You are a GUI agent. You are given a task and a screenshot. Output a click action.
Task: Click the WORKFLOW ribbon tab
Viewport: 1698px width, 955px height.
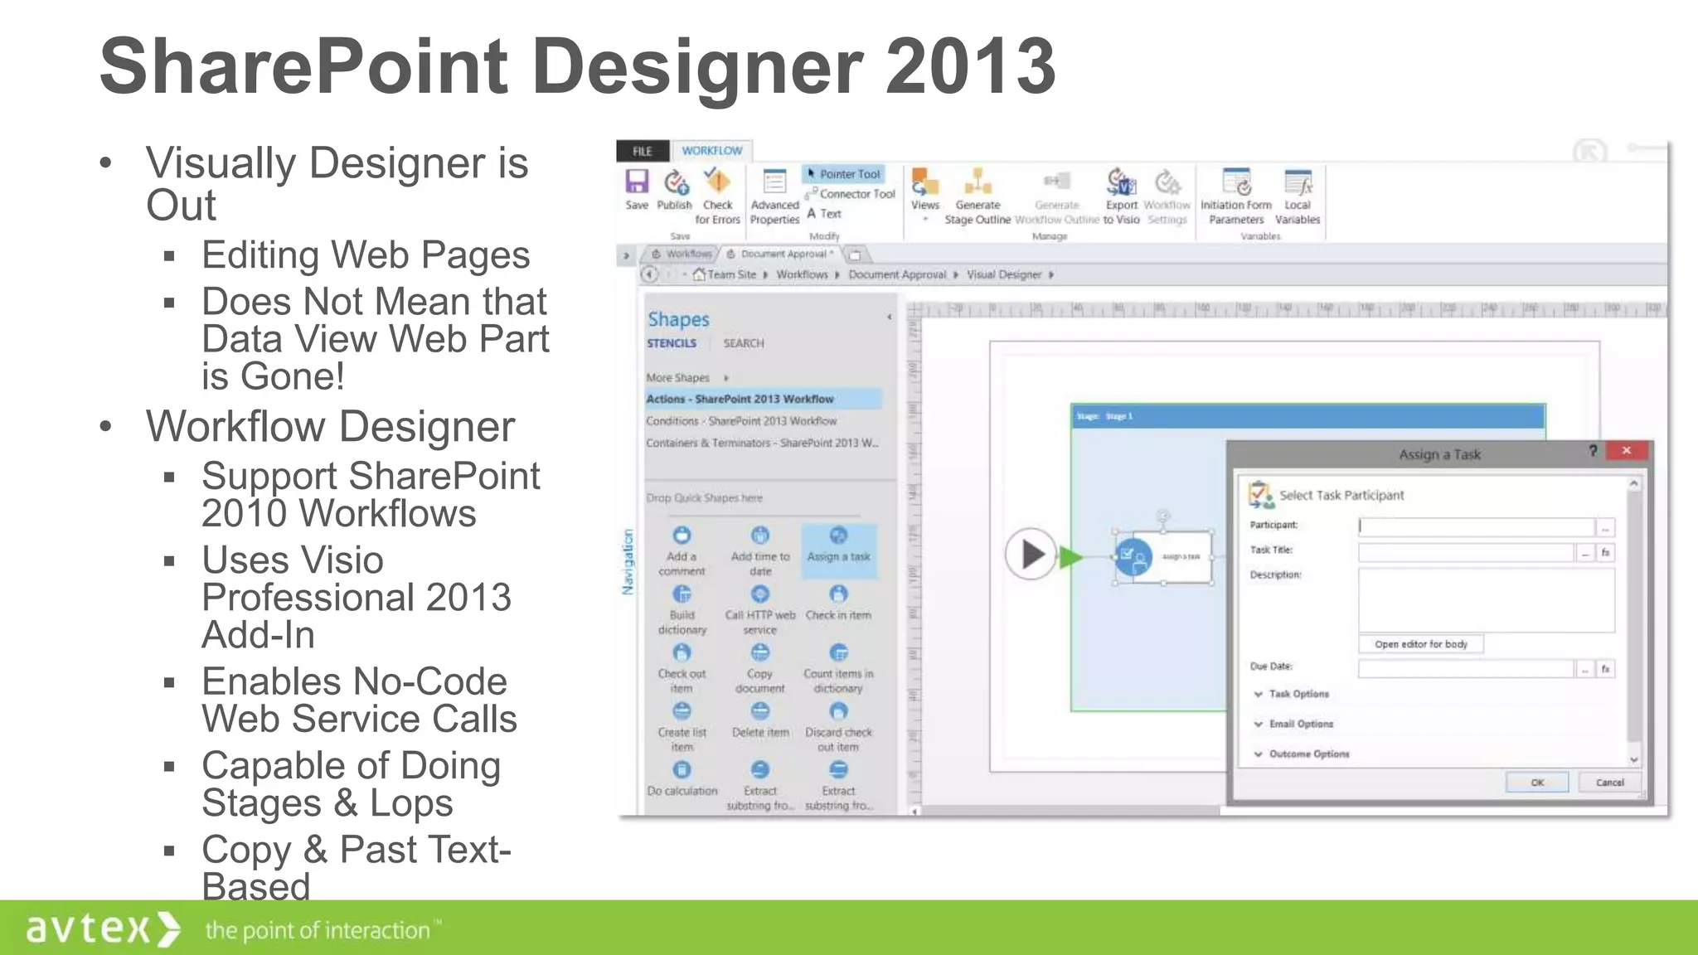point(711,151)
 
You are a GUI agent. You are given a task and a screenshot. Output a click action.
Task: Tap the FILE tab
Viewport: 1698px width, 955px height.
point(643,151)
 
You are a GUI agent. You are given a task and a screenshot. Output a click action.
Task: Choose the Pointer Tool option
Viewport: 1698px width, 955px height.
point(844,174)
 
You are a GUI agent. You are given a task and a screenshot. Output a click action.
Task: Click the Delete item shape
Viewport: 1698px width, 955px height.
point(760,720)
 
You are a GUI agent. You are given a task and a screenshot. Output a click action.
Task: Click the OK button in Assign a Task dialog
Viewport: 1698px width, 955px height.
point(1536,783)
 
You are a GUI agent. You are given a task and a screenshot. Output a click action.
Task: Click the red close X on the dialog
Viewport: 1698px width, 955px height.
point(1627,451)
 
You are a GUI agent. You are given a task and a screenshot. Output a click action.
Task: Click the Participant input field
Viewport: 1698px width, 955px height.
point(1476,526)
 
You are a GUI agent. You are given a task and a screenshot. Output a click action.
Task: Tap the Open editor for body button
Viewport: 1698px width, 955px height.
point(1420,644)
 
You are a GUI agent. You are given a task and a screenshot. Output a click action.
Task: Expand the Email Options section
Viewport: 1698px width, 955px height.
point(1300,724)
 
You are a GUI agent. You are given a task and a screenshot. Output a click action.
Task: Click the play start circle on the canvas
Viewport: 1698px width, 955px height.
point(1031,554)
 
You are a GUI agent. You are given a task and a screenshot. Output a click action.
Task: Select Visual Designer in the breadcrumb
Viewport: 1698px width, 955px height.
point(1003,274)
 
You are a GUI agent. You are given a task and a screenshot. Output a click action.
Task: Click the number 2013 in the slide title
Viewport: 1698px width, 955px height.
point(970,66)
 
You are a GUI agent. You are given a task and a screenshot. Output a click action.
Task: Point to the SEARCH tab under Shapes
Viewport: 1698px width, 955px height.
point(743,343)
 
